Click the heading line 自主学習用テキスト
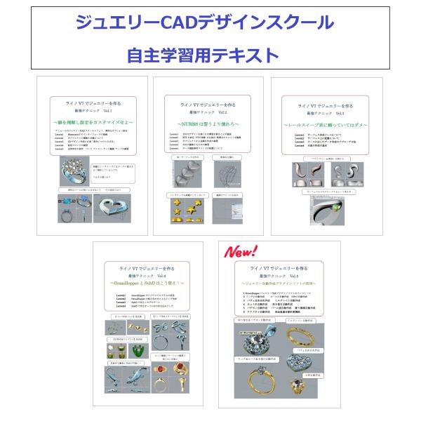click(x=203, y=55)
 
